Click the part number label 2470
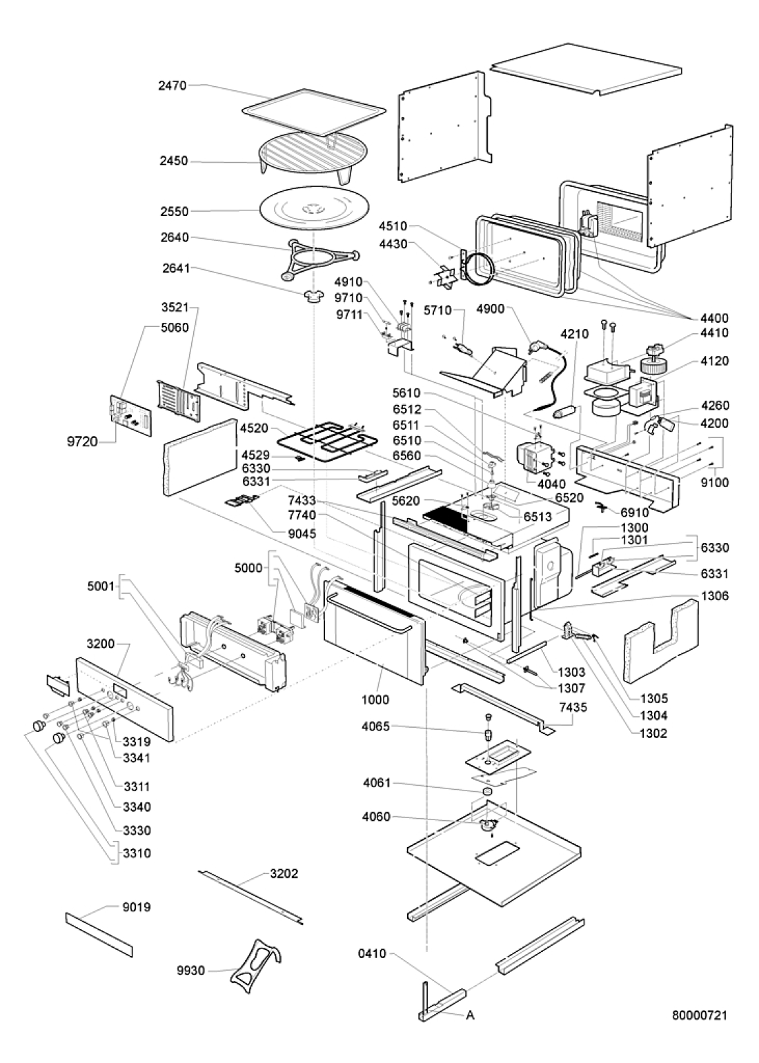point(172,86)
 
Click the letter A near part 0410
point(470,1015)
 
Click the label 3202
point(284,873)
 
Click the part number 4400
point(713,318)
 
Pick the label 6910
point(634,513)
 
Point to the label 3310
point(137,853)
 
